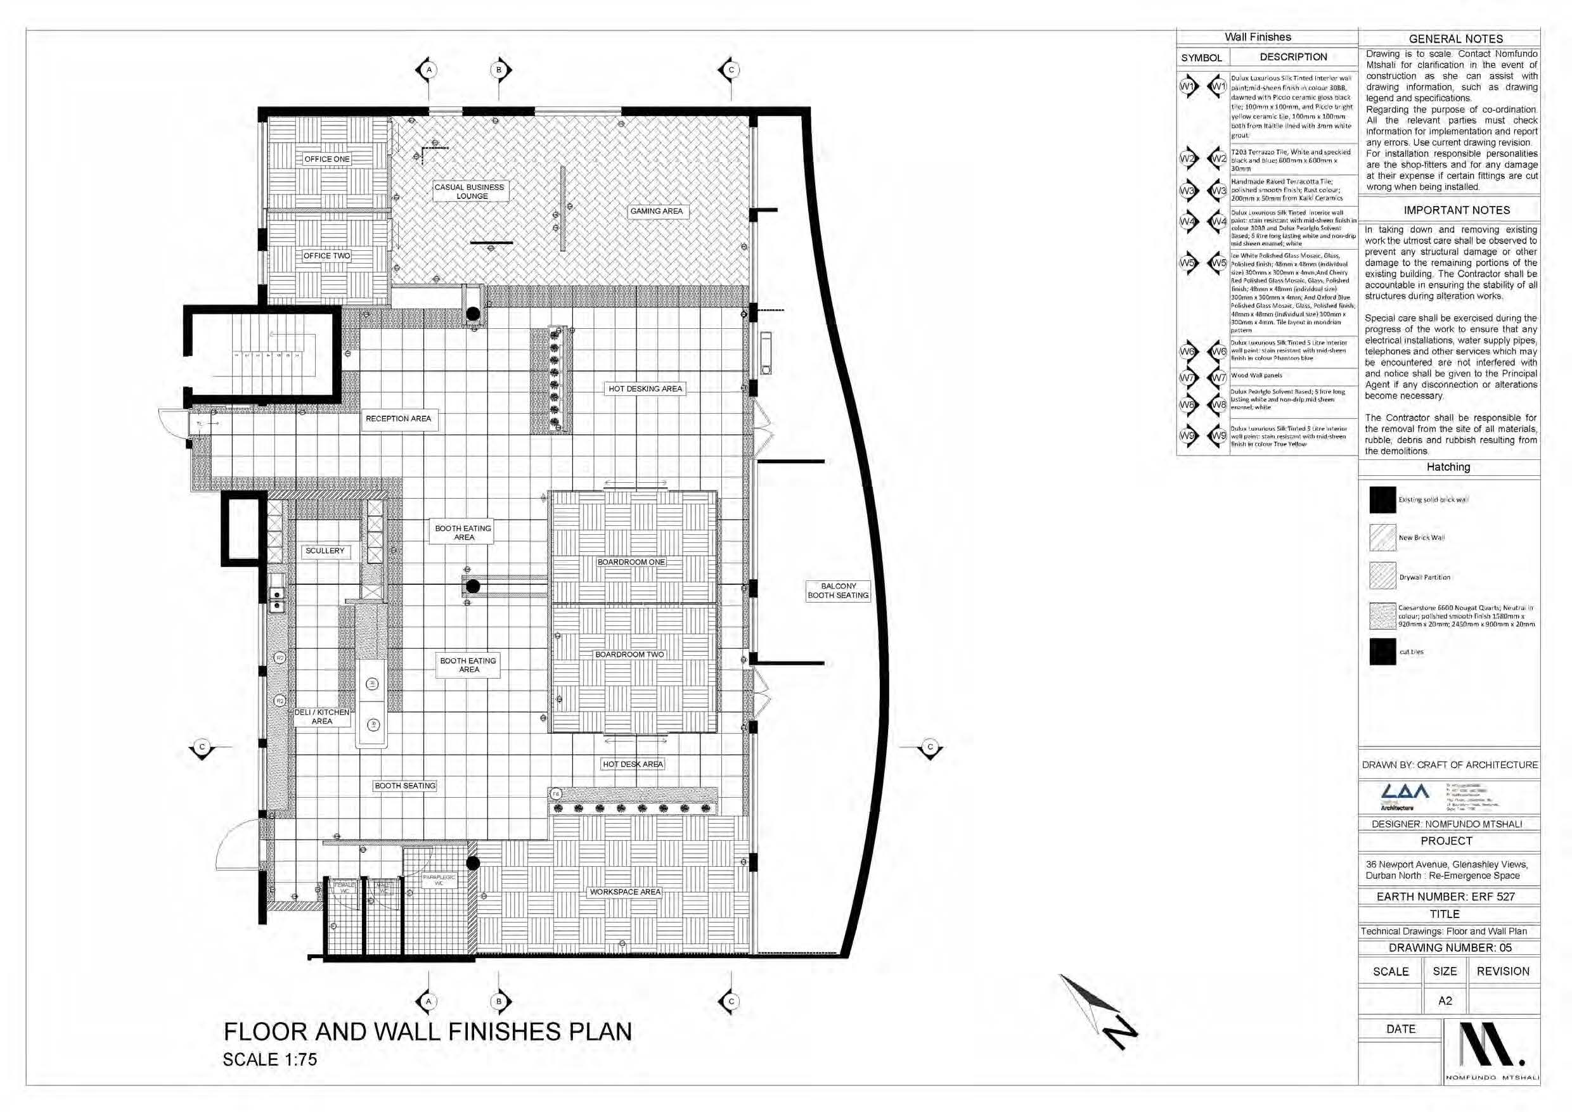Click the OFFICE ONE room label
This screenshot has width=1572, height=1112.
pos(326,159)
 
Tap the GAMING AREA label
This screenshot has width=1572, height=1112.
pos(656,211)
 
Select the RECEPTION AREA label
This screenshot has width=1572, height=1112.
pos(398,418)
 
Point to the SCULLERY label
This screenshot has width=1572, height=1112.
pos(325,551)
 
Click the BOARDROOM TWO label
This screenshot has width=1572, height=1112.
pos(629,655)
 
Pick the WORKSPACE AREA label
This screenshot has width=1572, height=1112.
pos(625,892)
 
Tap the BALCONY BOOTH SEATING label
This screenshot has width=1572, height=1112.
pos(838,591)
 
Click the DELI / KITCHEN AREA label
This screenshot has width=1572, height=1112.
pos(322,716)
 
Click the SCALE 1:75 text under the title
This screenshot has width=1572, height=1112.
pos(270,1059)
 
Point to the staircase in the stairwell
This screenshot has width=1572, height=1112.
pos(269,354)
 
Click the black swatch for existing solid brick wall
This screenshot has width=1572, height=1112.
pos(1382,500)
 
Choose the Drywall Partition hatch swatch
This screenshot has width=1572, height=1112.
pos(1382,577)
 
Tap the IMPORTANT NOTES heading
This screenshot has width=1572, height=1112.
pos(1456,210)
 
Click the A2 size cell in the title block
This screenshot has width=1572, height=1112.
pos(1445,1000)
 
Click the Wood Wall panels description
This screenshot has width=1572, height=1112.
pos(1256,375)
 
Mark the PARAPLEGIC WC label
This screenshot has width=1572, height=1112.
pos(439,880)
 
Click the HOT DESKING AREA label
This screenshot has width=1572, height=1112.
pos(645,388)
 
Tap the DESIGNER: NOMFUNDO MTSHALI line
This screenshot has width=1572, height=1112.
pos(1446,824)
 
